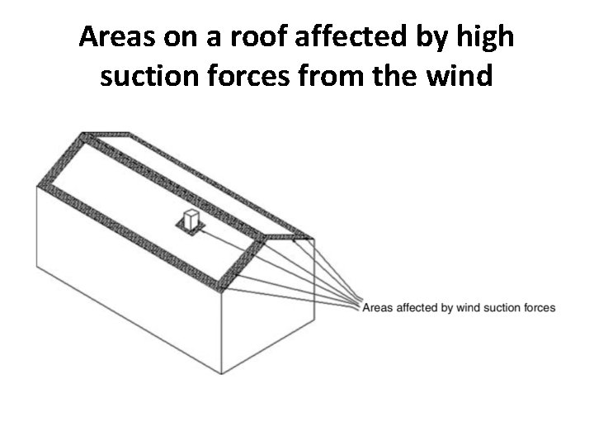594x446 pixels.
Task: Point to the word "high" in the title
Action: click(x=486, y=39)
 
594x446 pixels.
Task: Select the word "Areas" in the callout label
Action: click(x=378, y=308)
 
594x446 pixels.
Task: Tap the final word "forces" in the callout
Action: click(x=540, y=308)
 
